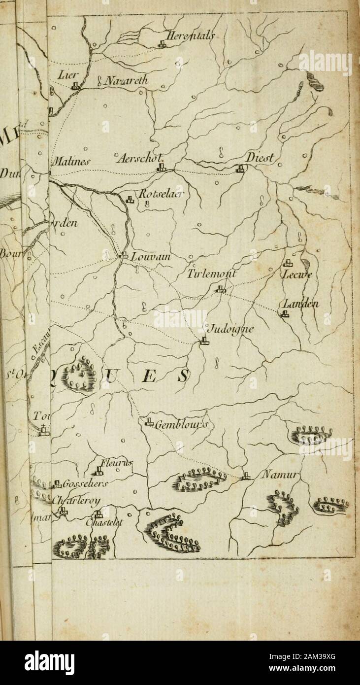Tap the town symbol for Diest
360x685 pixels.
pyautogui.click(x=240, y=169)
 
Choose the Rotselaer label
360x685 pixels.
pyautogui.click(x=155, y=194)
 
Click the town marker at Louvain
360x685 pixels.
pyautogui.click(x=124, y=255)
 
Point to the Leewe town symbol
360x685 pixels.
pyautogui.click(x=287, y=263)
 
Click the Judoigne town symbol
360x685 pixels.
pyautogui.click(x=204, y=340)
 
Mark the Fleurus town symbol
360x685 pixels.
pyautogui.click(x=98, y=470)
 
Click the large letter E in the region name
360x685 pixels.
pyautogui.click(x=151, y=379)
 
